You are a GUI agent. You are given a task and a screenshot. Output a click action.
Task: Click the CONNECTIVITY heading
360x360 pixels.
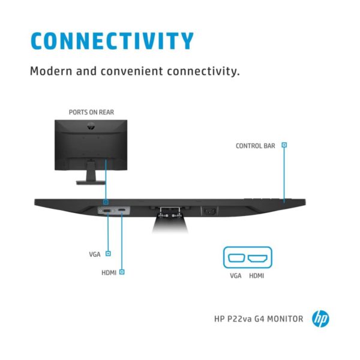tap(112, 41)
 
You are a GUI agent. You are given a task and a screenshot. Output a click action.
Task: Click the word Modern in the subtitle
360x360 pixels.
tap(51, 71)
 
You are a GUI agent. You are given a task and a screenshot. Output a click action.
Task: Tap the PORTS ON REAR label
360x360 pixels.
tap(91, 112)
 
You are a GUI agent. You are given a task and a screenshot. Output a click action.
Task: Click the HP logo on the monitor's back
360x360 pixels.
tap(91, 126)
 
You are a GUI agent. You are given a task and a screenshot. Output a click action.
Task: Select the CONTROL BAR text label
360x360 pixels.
tap(256, 146)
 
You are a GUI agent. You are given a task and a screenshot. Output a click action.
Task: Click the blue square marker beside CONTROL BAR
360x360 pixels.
tap(284, 145)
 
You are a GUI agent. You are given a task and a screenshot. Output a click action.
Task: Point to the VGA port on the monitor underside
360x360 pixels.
tap(107, 211)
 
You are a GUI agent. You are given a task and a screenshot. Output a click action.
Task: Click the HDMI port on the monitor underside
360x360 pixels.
tap(122, 210)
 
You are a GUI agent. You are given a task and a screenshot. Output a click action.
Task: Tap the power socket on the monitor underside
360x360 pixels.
tap(209, 211)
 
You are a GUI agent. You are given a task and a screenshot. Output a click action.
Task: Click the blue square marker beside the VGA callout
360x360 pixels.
tap(108, 253)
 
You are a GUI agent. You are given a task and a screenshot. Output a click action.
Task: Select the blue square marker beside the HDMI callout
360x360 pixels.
tap(122, 272)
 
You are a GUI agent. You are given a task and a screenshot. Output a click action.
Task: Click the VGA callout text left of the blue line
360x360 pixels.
tap(95, 254)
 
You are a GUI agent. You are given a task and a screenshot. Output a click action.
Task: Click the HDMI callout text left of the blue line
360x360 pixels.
tap(109, 273)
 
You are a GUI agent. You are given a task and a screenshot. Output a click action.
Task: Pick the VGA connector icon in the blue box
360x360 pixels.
tap(236, 258)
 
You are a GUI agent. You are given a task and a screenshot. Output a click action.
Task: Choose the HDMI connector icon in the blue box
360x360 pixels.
tap(257, 258)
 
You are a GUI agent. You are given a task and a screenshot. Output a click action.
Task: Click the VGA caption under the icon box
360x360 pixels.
tap(236, 276)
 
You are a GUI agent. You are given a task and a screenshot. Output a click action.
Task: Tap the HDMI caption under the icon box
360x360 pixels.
tap(256, 276)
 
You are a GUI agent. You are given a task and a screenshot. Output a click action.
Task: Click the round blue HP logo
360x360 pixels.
tap(320, 319)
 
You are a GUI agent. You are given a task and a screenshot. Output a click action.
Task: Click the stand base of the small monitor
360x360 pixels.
tap(91, 182)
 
